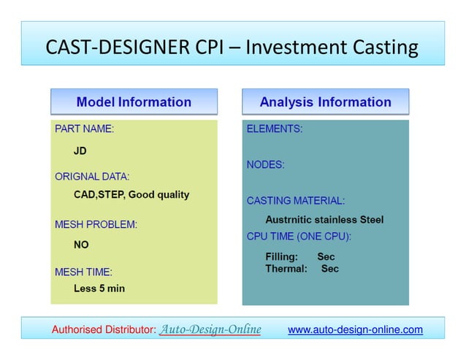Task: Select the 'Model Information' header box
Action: (134, 102)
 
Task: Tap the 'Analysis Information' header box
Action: (325, 102)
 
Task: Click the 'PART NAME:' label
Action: (85, 129)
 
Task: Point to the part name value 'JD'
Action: (80, 153)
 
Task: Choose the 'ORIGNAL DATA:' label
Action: (92, 176)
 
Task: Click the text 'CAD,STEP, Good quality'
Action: (131, 195)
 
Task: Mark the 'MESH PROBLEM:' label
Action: (96, 224)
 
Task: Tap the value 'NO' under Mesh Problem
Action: (81, 245)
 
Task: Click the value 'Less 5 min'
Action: (99, 288)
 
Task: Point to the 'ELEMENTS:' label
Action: (275, 129)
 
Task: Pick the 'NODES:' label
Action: (266, 165)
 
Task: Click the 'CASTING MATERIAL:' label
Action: (296, 200)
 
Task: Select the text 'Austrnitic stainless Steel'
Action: (324, 220)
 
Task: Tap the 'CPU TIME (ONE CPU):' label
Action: (299, 236)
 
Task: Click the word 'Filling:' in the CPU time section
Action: (282, 257)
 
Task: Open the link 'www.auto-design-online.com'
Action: (355, 330)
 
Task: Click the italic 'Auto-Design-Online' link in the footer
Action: (210, 329)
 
